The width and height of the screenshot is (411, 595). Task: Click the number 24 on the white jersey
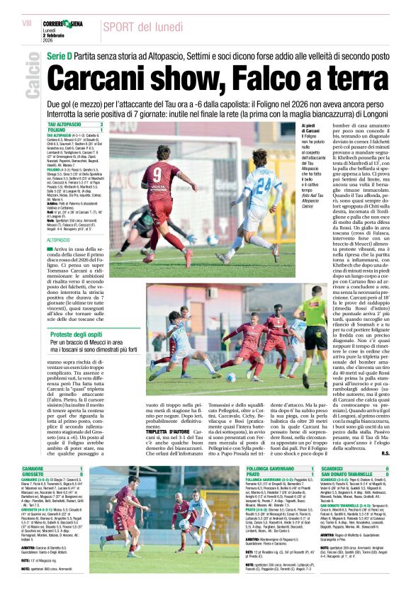pos(261,185)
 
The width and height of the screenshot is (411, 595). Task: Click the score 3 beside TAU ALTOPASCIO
pos(101,125)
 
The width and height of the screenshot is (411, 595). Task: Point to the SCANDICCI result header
pos(333,469)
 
